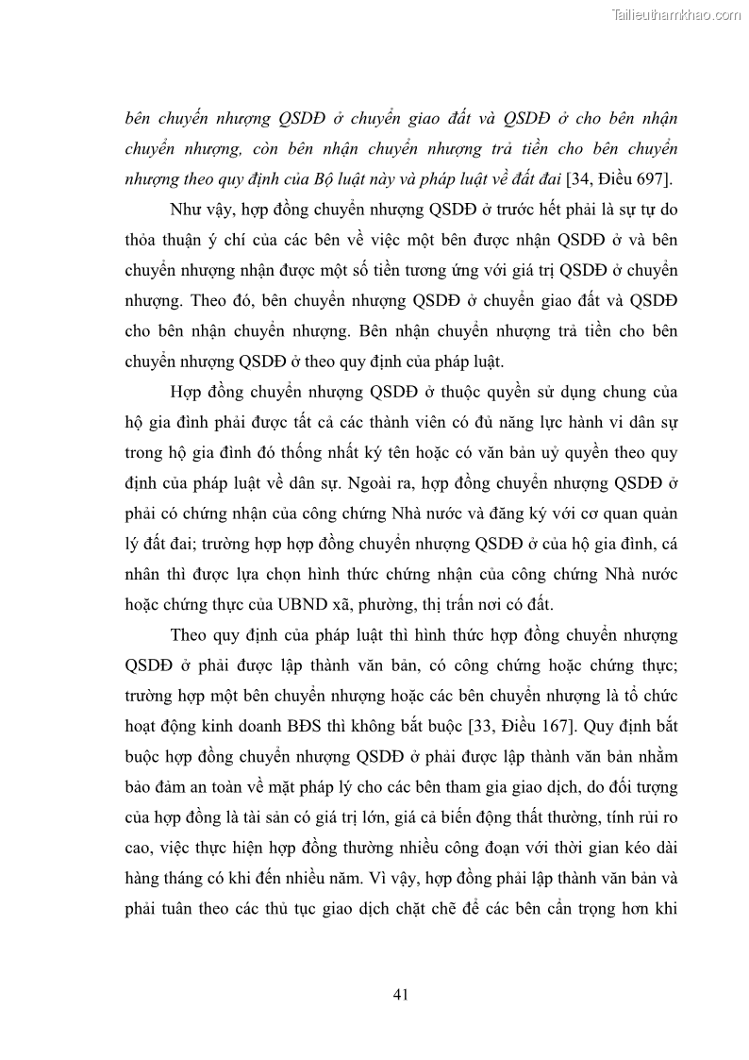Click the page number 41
click(399, 994)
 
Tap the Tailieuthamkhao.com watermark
click(676, 14)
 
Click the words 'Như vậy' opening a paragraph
click(198, 208)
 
